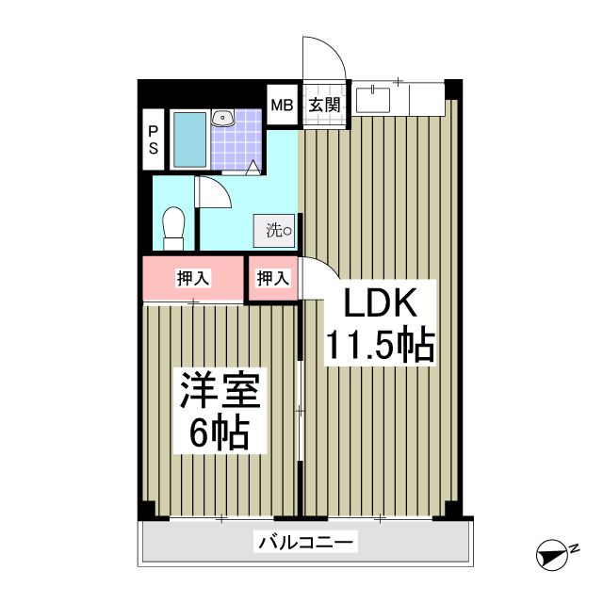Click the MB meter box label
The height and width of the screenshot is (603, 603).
click(282, 105)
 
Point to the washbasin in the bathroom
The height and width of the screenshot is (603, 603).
click(223, 118)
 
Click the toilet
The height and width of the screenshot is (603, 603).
click(173, 227)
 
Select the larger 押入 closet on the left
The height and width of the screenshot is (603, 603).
click(193, 278)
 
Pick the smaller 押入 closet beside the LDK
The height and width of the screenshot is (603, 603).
click(273, 278)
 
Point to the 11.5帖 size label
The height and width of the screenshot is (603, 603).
click(379, 346)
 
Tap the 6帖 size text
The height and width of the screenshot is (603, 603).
click(219, 433)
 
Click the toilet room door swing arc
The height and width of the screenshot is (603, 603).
click(213, 194)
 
